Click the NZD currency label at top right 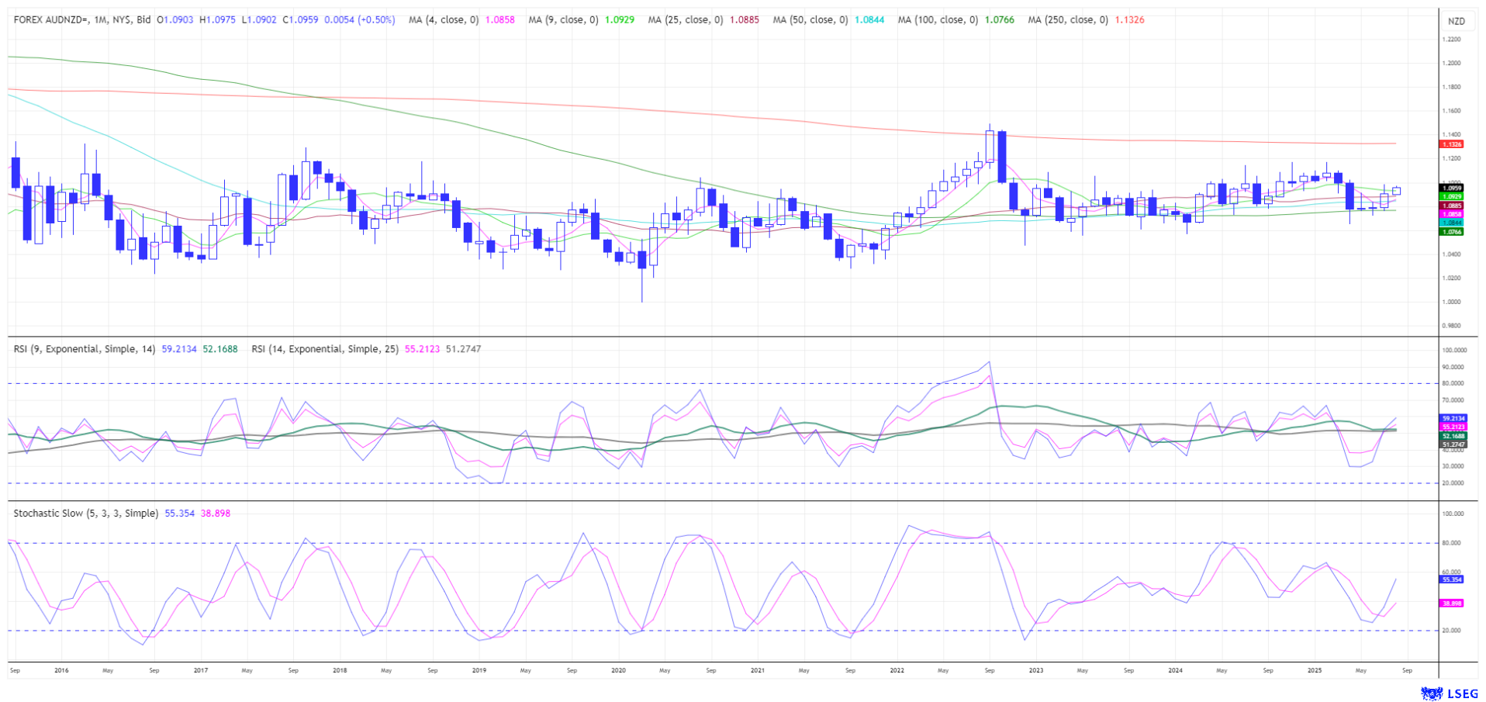[1456, 21]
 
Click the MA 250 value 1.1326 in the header [1128, 20]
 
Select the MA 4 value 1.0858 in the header [499, 20]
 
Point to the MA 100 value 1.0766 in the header [999, 20]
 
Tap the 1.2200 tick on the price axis [1451, 39]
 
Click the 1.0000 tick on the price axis [1451, 302]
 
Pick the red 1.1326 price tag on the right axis [1451, 144]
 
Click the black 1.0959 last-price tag [1451, 188]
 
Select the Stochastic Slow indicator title [85, 514]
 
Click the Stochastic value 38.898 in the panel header [215, 514]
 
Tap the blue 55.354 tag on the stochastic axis [1451, 579]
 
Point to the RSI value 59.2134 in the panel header [179, 349]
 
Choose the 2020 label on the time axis [618, 670]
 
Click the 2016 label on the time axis [61, 670]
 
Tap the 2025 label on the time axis [1314, 670]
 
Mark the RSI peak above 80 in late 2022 [989, 363]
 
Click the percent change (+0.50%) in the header [376, 20]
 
